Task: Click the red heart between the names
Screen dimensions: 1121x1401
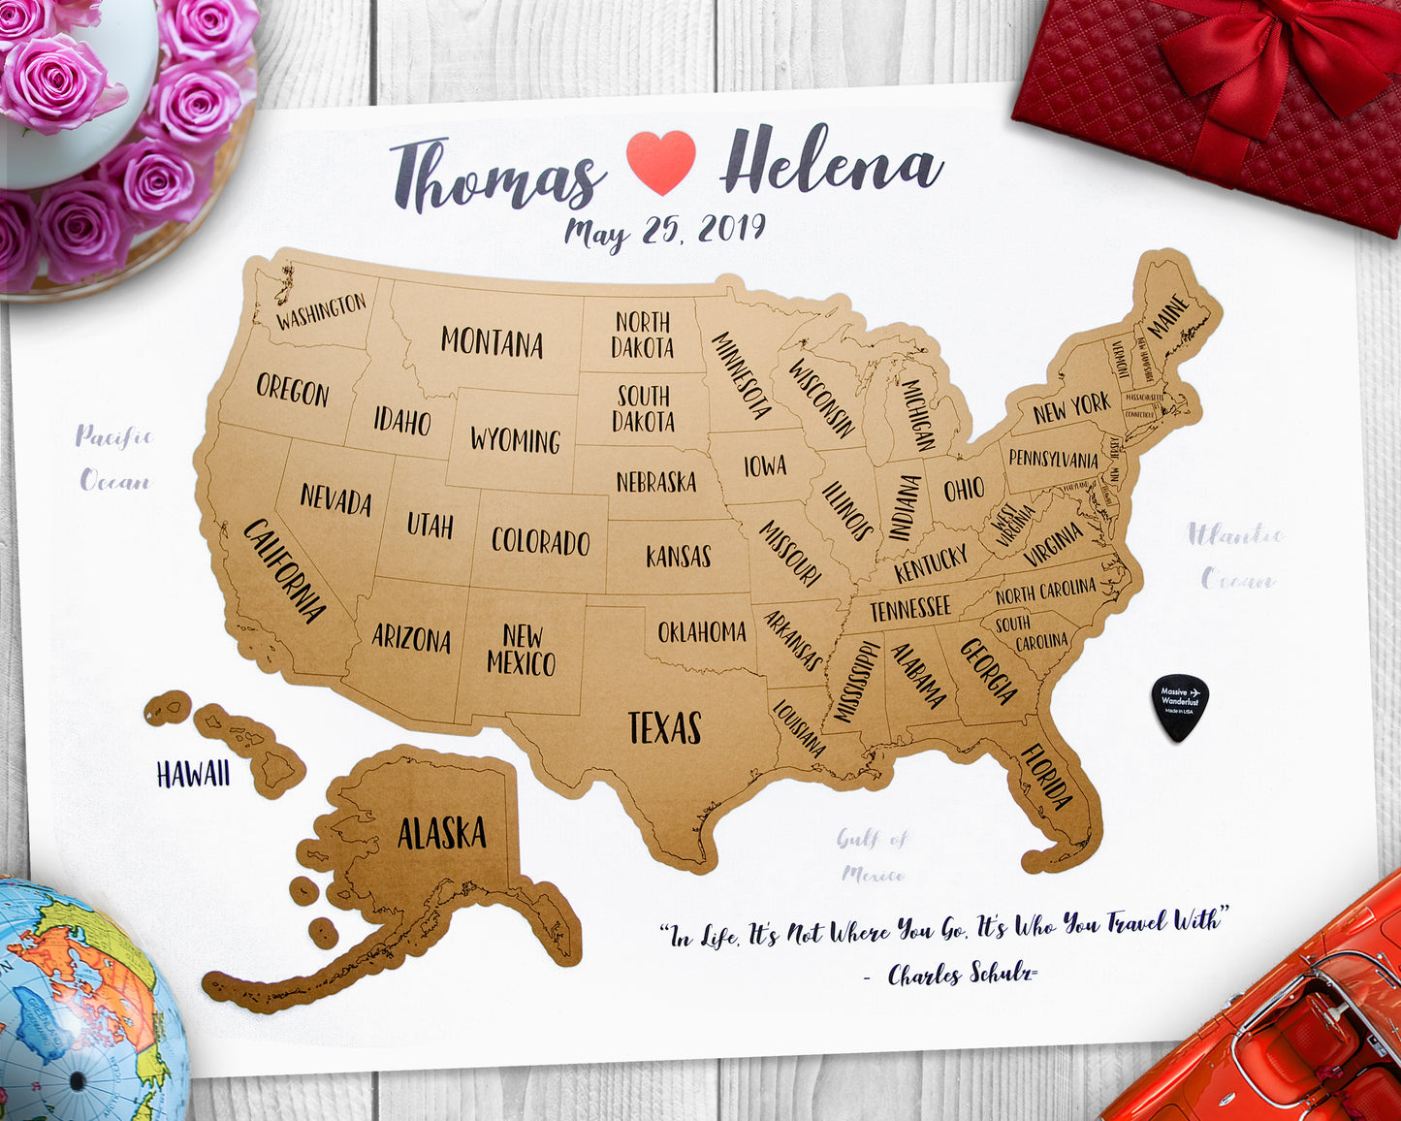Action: [x=660, y=160]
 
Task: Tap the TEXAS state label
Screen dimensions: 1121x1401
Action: [x=664, y=727]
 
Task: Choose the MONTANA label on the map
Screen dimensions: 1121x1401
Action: [x=492, y=342]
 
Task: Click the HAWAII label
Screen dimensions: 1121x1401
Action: [x=193, y=774]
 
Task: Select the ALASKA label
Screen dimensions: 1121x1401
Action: [x=441, y=833]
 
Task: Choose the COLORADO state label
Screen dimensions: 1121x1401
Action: [x=540, y=541]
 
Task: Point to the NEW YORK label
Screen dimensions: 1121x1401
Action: [x=1071, y=408]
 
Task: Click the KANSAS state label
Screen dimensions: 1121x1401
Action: [x=679, y=556]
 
